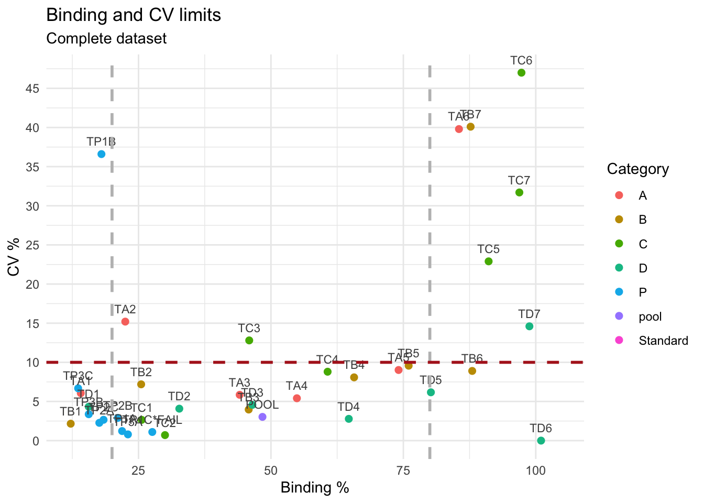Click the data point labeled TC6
point(521,73)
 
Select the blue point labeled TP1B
point(102,154)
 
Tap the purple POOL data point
point(262,417)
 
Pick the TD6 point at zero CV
point(541,441)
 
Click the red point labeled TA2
point(125,322)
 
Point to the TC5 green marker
point(489,261)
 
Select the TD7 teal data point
point(529,326)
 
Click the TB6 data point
point(472,371)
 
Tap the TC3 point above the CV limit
point(249,341)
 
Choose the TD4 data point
point(349,419)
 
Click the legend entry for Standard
point(663,341)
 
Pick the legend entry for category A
point(643,196)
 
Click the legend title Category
point(637,169)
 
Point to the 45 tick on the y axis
point(33,89)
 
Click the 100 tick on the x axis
point(535,470)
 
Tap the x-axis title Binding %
point(315,488)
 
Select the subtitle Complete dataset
point(106,39)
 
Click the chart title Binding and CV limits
point(134,15)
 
